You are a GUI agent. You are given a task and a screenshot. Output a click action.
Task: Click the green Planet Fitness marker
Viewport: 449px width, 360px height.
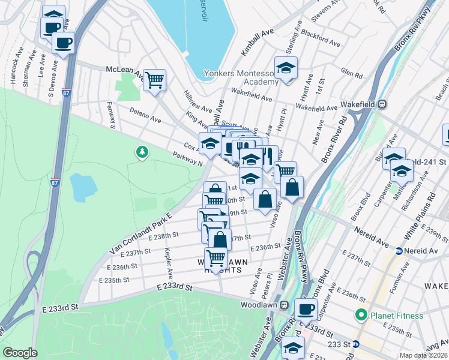[361, 314]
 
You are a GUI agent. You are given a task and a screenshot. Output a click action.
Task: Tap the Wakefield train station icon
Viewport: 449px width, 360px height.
[381, 104]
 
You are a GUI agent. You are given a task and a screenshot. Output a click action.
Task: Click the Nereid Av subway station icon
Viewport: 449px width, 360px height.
[399, 250]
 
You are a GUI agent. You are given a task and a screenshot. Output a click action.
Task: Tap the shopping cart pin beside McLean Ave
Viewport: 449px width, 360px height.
[154, 80]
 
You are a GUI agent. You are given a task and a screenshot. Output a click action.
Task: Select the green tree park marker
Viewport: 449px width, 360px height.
[142, 152]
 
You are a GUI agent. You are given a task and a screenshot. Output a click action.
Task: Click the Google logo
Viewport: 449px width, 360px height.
[20, 353]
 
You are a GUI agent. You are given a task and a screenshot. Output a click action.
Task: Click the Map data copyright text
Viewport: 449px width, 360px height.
[423, 355]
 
